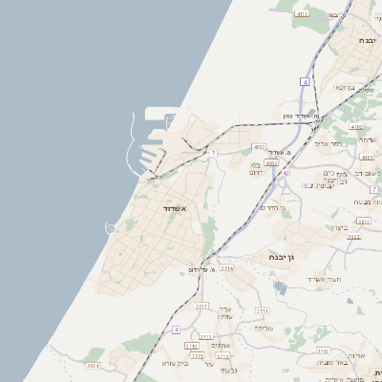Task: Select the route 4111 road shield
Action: pyautogui.click(x=303, y=14)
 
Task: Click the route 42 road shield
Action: pyautogui.click(x=286, y=173)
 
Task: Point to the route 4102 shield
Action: pyautogui.click(x=356, y=126)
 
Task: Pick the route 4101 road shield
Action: pyautogui.click(x=367, y=157)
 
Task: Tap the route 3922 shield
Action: pyautogui.click(x=353, y=236)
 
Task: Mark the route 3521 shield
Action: pyautogui.click(x=93, y=365)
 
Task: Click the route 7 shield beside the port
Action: pyautogui.click(x=214, y=153)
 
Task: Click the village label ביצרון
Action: pyautogui.click(x=344, y=227)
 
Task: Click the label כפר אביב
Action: pyautogui.click(x=328, y=144)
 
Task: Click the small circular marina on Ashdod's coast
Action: pyautogui.click(x=111, y=227)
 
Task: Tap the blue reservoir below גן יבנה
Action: pyautogui.click(x=280, y=286)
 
